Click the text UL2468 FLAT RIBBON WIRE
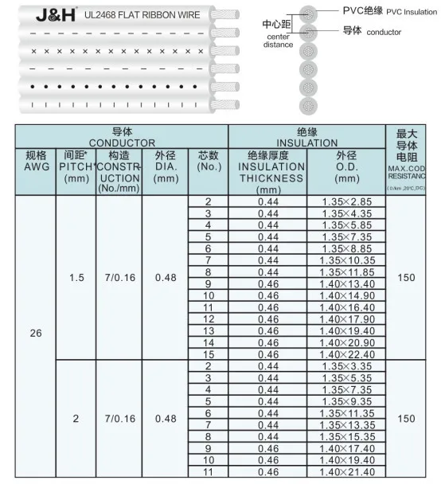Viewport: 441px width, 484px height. tap(154, 15)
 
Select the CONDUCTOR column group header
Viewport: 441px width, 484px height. tap(122, 136)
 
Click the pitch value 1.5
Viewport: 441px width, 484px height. tap(76, 277)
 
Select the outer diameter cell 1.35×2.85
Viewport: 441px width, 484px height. tap(346, 202)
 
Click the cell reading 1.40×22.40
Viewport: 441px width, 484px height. tap(347, 354)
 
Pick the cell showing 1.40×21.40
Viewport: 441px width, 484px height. tap(347, 473)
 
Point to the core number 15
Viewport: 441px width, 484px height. tap(208, 354)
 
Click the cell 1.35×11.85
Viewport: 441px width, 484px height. tap(347, 272)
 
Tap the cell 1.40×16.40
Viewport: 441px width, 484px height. tap(347, 307)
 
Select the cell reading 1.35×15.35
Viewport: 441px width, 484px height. tap(347, 437)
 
